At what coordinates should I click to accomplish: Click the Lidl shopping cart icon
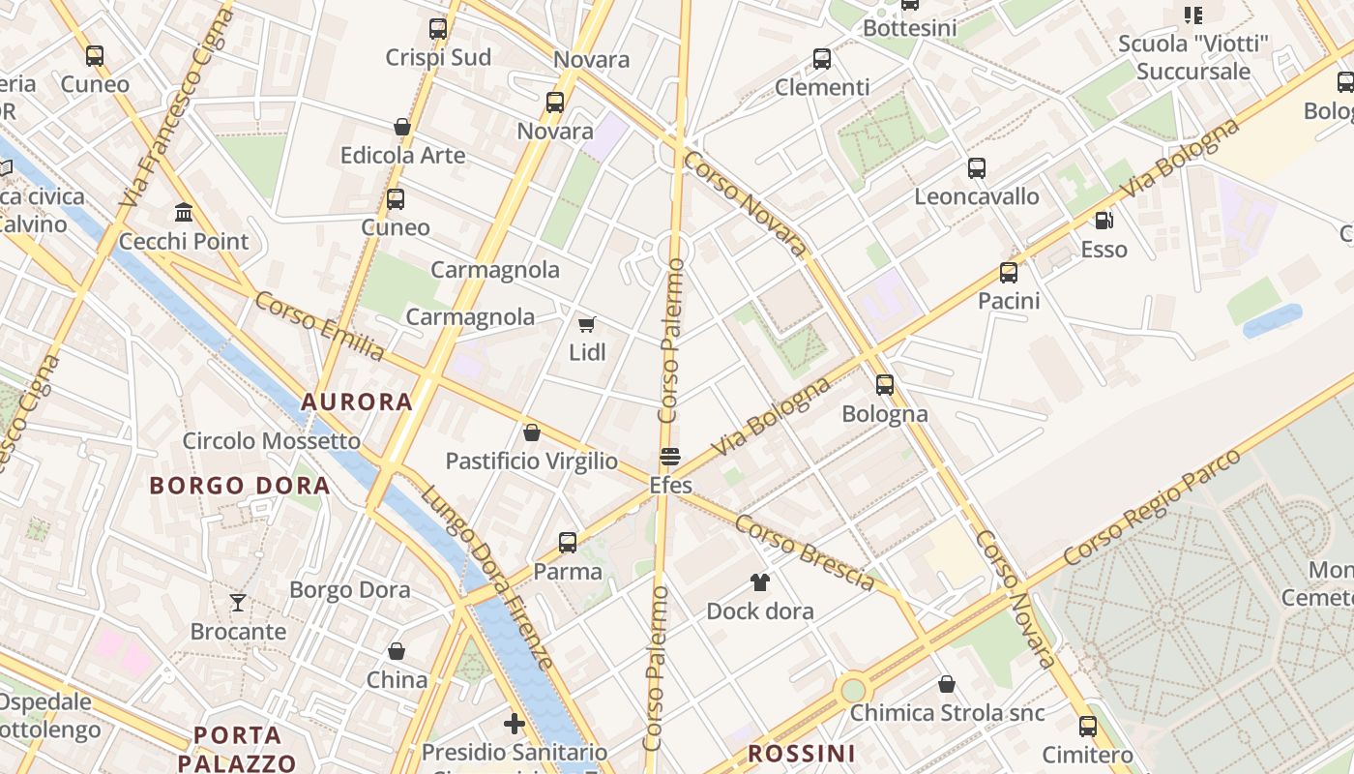coord(586,324)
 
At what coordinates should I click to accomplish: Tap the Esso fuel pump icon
coord(1104,221)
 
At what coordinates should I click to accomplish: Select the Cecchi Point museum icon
coord(184,212)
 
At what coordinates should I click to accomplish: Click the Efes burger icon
coord(670,456)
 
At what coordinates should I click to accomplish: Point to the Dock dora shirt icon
coord(760,582)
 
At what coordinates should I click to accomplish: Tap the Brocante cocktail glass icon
coord(238,603)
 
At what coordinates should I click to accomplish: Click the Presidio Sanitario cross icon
coord(515,724)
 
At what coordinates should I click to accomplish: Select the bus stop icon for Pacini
coord(1009,273)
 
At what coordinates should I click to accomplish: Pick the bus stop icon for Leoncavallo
coord(977,168)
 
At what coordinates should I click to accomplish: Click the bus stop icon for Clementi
coord(822,59)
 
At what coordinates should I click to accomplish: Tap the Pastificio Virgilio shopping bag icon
coord(531,432)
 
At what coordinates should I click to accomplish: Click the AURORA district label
coord(357,402)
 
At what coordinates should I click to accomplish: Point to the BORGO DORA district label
coord(240,486)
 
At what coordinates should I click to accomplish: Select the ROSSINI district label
coord(802,753)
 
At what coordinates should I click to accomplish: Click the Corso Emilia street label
coord(319,325)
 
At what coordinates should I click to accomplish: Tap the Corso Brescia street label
coord(805,551)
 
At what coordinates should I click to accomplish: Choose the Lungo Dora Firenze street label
coord(486,577)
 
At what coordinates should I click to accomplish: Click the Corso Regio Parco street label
coord(1152,506)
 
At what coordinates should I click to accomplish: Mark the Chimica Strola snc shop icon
coord(947,684)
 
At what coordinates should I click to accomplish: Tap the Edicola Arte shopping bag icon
coord(402,127)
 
